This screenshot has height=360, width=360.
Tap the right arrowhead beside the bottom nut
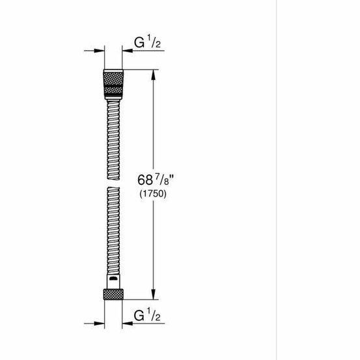pos(126,322)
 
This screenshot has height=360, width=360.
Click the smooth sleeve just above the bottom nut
pos(113,282)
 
